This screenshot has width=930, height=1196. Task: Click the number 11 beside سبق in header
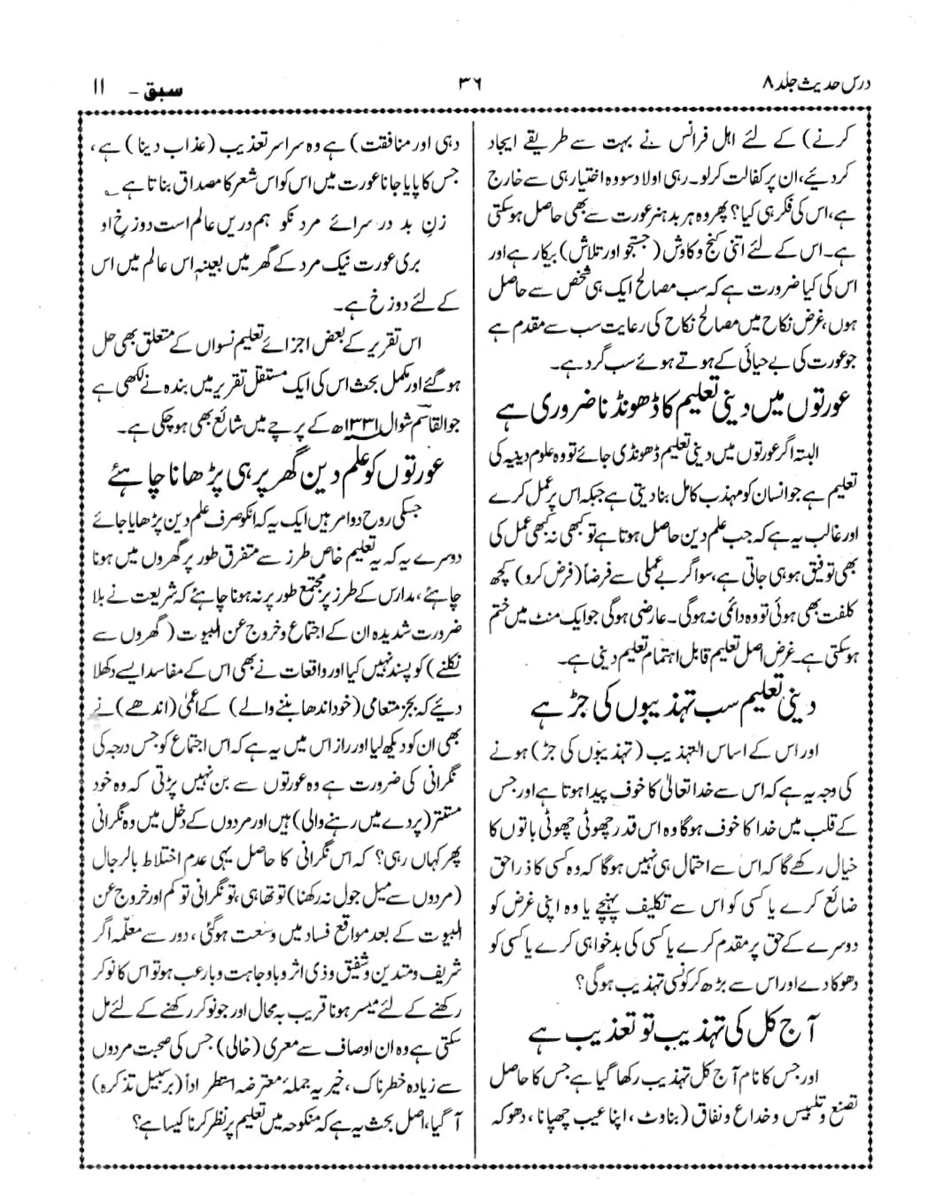tap(101, 89)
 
